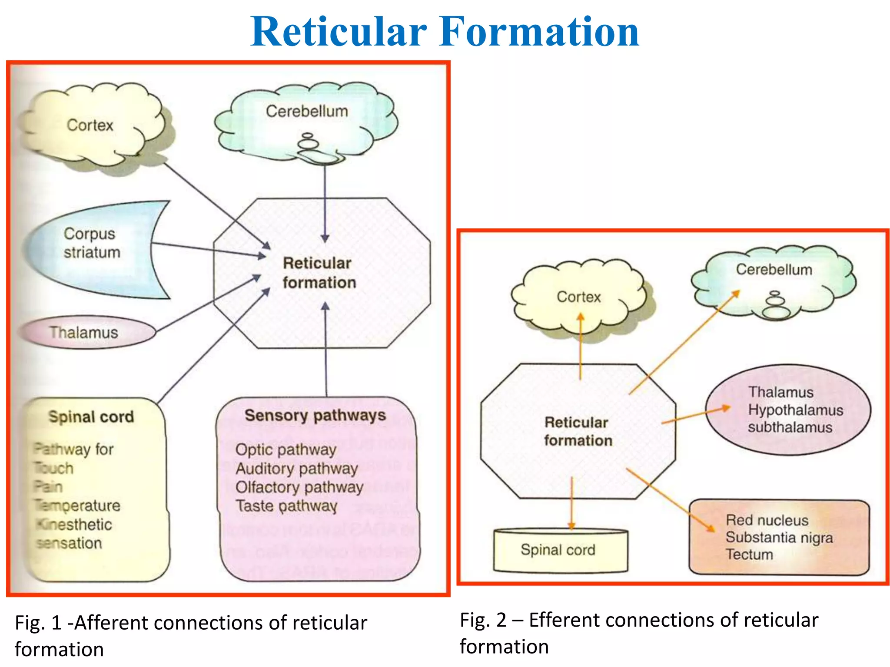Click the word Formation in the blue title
[x=539, y=31]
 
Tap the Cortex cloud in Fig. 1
[x=90, y=125]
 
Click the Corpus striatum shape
[x=92, y=243]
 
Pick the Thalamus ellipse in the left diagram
[x=84, y=333]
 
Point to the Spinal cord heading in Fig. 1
[x=91, y=417]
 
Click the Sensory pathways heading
[x=315, y=416]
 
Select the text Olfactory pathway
[x=299, y=487]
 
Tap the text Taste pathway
[x=286, y=506]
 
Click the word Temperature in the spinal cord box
[x=78, y=506]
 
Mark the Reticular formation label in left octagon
[x=319, y=273]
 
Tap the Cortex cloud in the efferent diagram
[x=578, y=297]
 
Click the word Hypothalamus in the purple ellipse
[x=795, y=410]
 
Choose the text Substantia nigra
[x=779, y=538]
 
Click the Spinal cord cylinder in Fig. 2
[x=558, y=550]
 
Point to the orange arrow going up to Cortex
[x=581, y=345]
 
